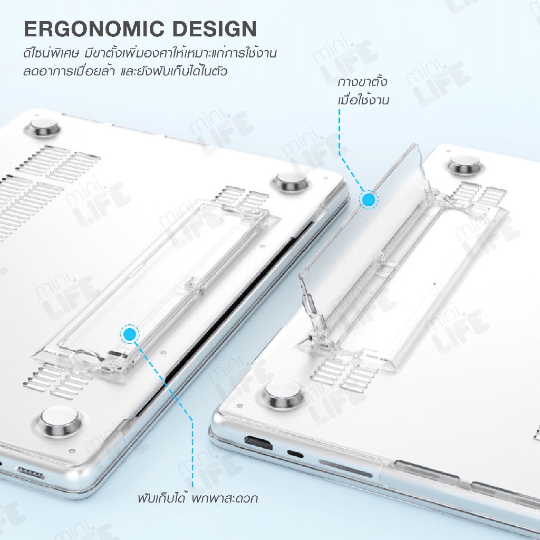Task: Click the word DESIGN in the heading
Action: (x=215, y=29)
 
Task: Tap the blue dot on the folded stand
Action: (x=130, y=334)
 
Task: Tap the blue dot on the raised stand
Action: (x=369, y=199)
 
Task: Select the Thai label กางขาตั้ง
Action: (x=362, y=82)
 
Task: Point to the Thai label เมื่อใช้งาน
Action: (x=363, y=100)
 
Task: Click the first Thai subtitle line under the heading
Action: (x=150, y=53)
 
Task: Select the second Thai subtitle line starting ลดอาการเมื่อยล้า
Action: (x=126, y=71)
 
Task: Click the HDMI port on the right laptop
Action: (x=258, y=443)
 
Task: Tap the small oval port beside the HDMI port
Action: (x=295, y=454)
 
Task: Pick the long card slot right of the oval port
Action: (x=345, y=468)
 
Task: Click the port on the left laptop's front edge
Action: (x=31, y=472)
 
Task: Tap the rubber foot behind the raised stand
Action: (x=464, y=165)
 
